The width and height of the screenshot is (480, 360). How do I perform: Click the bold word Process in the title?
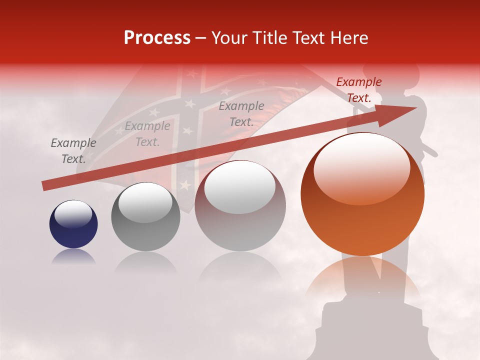point(157,38)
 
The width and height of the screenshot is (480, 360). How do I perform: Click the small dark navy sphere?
point(73,224)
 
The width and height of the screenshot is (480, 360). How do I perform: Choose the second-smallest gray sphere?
point(145,216)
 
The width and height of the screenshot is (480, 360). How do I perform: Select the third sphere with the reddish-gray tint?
point(240,205)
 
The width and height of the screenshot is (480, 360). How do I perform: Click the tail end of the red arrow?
point(44,186)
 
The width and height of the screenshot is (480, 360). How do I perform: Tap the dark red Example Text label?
point(358,90)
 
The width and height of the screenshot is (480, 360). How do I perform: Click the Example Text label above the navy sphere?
point(73,151)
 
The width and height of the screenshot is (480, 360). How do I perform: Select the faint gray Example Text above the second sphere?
point(147,134)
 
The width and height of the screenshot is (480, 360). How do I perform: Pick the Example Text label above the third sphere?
point(241,114)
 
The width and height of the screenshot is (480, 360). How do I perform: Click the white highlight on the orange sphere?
point(362,169)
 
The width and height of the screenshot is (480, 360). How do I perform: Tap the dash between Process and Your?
point(201,38)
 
